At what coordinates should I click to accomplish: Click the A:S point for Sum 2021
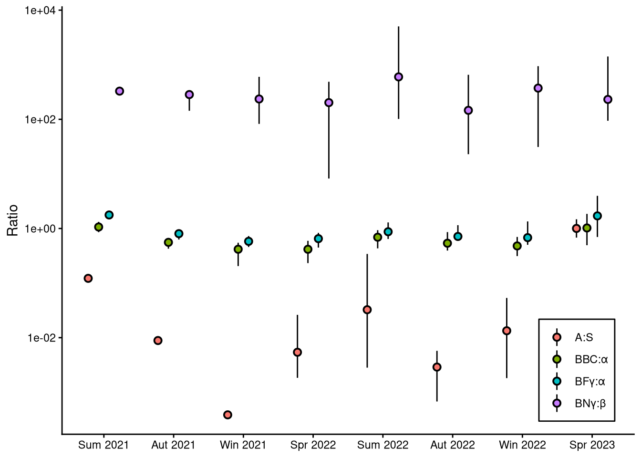click(88, 278)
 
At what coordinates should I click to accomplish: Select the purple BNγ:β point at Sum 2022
click(399, 77)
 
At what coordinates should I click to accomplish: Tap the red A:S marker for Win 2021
click(227, 415)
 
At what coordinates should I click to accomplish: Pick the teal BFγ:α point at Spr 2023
click(597, 216)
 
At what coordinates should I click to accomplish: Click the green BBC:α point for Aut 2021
click(168, 242)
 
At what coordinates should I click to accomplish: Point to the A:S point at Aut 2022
click(437, 367)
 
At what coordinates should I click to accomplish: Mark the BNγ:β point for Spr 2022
click(329, 103)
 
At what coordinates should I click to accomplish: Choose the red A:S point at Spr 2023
click(576, 229)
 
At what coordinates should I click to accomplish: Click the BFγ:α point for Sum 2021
click(109, 215)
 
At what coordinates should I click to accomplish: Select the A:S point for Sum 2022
click(367, 310)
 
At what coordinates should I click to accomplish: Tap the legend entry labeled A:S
click(584, 337)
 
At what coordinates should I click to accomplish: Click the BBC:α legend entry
click(591, 359)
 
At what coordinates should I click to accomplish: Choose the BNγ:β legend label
click(590, 404)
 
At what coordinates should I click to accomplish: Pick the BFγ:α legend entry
click(589, 381)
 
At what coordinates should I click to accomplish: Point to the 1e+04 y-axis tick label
click(41, 10)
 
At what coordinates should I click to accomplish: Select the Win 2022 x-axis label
click(522, 445)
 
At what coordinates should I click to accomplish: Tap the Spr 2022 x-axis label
click(313, 445)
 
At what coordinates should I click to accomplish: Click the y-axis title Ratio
click(13, 220)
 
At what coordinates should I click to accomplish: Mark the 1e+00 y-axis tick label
click(41, 229)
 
